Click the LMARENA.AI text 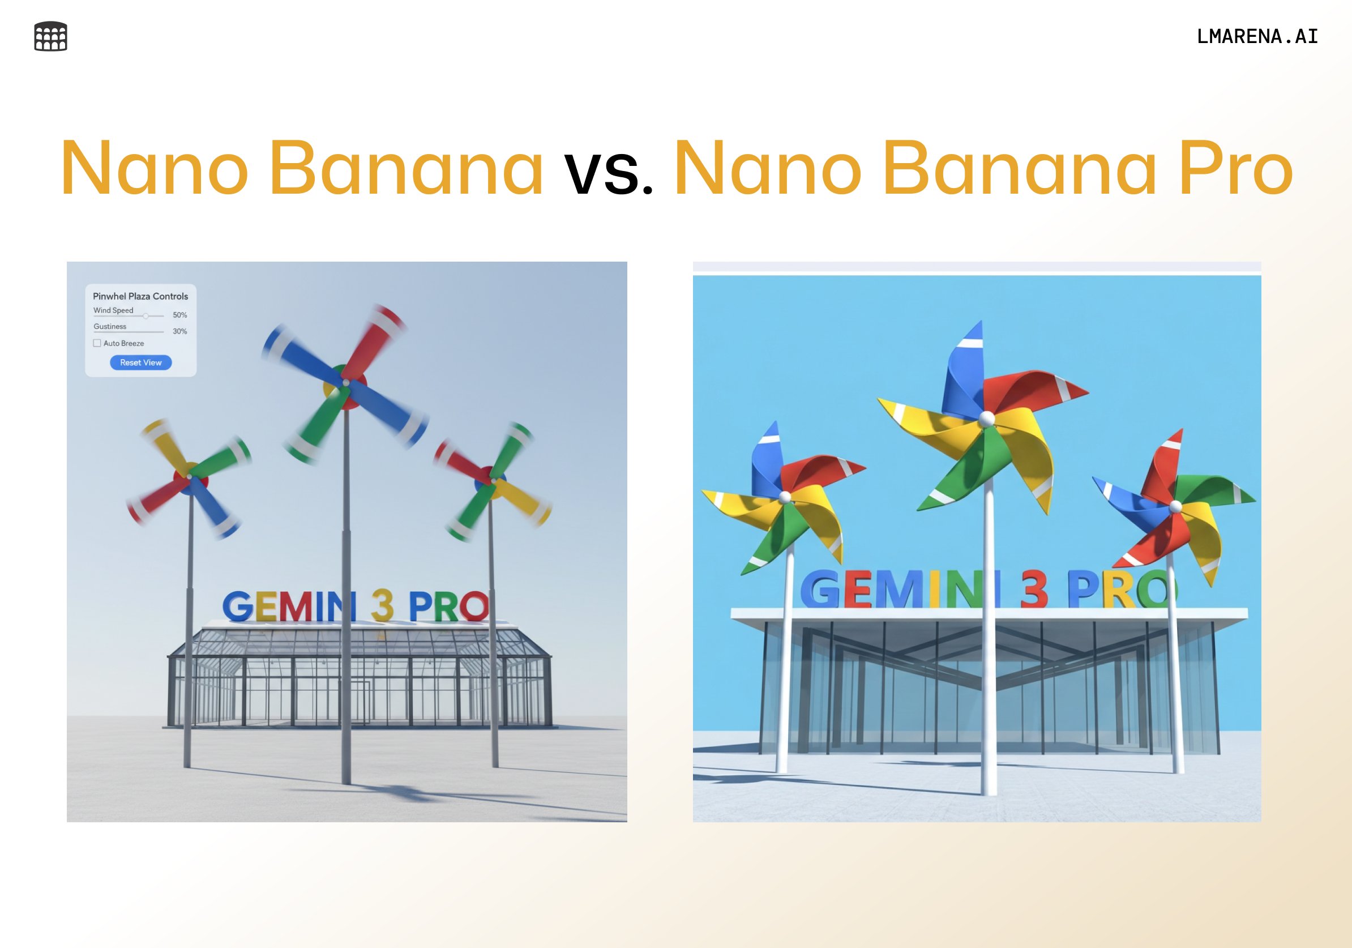tap(1257, 36)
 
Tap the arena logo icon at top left tap(50, 36)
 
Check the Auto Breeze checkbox tap(97, 343)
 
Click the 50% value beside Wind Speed tap(179, 315)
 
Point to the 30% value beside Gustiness tap(179, 331)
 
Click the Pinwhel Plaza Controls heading tap(140, 296)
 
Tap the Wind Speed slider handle tap(146, 316)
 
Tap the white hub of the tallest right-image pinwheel tap(987, 419)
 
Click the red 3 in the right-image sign tap(1034, 590)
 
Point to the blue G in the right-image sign tap(823, 589)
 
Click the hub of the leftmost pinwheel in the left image tap(190, 477)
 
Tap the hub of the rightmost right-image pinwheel tap(1175, 506)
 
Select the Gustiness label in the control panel tap(110, 326)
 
